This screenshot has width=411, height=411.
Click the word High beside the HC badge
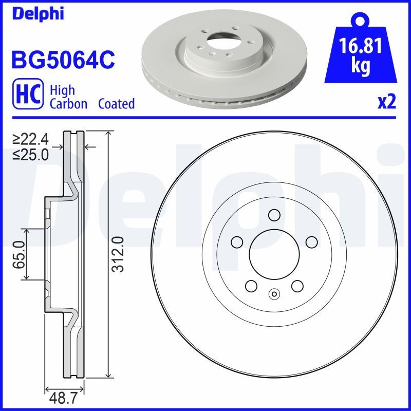pyautogui.click(x=62, y=90)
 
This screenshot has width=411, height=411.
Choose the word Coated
pyautogui.click(x=116, y=104)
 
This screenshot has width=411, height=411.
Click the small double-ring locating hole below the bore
pyautogui.click(x=274, y=294)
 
